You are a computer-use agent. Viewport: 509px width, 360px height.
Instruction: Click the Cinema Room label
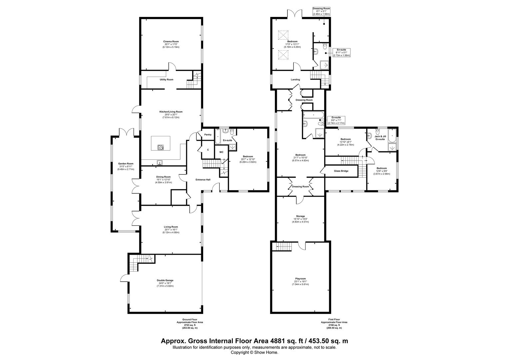[x=171, y=41]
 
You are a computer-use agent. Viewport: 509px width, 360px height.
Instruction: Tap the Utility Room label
[x=166, y=80]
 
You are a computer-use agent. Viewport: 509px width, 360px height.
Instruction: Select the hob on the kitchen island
[x=161, y=147]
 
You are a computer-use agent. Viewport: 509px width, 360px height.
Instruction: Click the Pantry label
[x=208, y=135]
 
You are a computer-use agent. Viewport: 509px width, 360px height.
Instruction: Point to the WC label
[x=221, y=152]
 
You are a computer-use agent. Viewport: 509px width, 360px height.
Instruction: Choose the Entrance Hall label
[x=203, y=180]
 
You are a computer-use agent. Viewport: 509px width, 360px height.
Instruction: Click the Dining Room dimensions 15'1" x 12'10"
[x=163, y=180]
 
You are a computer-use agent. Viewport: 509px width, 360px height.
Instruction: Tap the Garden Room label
[x=126, y=164]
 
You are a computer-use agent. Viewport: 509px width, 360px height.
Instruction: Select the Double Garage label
[x=165, y=280]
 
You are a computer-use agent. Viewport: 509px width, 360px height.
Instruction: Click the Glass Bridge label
[x=341, y=171]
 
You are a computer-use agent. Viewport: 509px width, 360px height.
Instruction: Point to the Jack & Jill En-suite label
[x=380, y=138]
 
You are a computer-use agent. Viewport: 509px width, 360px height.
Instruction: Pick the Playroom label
[x=300, y=279]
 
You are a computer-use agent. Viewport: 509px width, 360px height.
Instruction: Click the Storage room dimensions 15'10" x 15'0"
[x=300, y=219]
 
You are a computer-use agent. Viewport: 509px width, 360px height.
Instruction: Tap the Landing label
[x=295, y=80]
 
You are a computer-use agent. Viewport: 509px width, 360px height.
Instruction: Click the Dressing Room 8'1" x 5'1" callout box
[x=321, y=11]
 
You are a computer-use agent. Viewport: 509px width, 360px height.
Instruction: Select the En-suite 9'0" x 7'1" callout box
[x=336, y=120]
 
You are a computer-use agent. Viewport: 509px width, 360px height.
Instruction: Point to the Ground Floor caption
[x=190, y=320]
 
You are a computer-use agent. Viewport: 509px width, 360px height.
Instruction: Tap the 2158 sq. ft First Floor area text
[x=334, y=325]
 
